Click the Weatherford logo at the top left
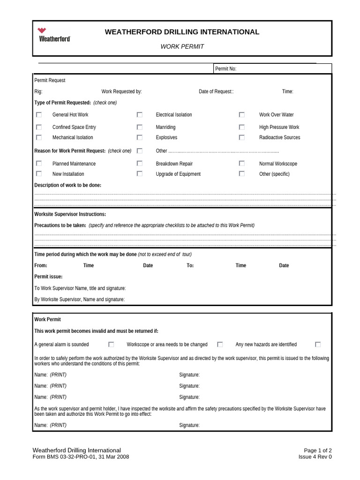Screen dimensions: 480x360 [x=54, y=34]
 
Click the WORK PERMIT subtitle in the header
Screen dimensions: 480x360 [x=182, y=46]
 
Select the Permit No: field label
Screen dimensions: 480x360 [x=225, y=69]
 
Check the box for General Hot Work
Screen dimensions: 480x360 [x=39, y=114]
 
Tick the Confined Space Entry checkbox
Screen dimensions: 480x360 [x=39, y=127]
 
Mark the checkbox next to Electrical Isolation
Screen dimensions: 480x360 [x=140, y=114]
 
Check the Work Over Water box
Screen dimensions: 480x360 [x=242, y=114]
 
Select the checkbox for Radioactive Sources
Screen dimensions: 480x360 [x=242, y=137]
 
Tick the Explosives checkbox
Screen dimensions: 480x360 [x=140, y=137]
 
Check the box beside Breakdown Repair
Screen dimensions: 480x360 [x=140, y=164]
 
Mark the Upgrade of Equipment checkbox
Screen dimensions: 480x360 [x=140, y=174]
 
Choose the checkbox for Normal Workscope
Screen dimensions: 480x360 [x=242, y=164]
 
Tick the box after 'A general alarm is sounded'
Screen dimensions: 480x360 [x=111, y=344]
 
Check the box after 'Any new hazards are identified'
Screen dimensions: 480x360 [x=318, y=344]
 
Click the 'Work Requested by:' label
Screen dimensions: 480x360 [x=121, y=91]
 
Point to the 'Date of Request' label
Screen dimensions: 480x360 [x=216, y=91]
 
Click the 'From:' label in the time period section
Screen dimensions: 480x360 [x=41, y=265]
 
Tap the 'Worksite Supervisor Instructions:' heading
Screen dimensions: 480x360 [x=70, y=214]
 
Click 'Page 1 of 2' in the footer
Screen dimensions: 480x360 [x=318, y=450]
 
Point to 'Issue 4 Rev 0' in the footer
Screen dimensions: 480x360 [x=315, y=457]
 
